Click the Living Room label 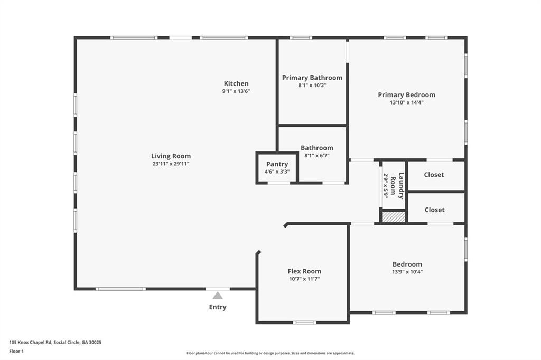[x=171, y=156]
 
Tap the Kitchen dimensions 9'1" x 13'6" [x=236, y=91]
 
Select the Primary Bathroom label [x=312, y=78]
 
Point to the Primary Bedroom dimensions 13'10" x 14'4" [x=407, y=102]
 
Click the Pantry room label [x=277, y=164]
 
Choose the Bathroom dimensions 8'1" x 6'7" [x=317, y=156]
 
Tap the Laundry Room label [x=397, y=185]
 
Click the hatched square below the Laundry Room [x=393, y=217]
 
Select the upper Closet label [x=434, y=175]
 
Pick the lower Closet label [x=435, y=210]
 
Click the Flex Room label [x=304, y=271]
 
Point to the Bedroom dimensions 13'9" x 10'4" [x=407, y=272]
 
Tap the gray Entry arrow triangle [x=217, y=296]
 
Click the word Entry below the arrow [x=218, y=307]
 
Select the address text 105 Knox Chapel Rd [x=31, y=343]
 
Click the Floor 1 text [x=16, y=352]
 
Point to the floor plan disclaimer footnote [x=270, y=353]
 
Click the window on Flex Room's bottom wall [x=305, y=323]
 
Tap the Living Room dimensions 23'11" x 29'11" [x=171, y=164]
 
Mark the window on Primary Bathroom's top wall [x=301, y=37]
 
